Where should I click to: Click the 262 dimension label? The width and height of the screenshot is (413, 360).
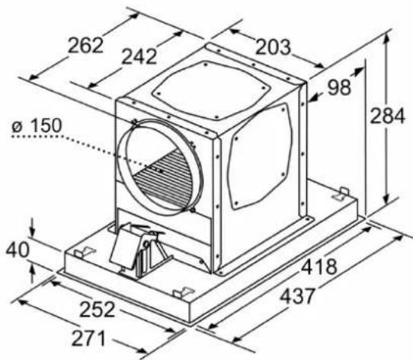(x=85, y=45)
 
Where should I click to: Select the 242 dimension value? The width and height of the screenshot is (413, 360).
(x=139, y=56)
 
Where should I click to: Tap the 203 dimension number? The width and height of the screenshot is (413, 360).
(x=273, y=47)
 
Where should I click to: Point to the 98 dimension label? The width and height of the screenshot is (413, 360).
(x=339, y=87)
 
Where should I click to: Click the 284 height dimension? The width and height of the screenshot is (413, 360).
(x=387, y=116)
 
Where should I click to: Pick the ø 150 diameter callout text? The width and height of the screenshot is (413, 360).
(x=37, y=126)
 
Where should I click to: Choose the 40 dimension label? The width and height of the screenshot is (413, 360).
(x=18, y=250)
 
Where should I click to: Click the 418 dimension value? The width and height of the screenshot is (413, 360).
(x=319, y=266)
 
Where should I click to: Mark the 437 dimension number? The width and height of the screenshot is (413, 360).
(x=297, y=296)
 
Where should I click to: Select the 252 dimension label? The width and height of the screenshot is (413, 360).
(x=98, y=309)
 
